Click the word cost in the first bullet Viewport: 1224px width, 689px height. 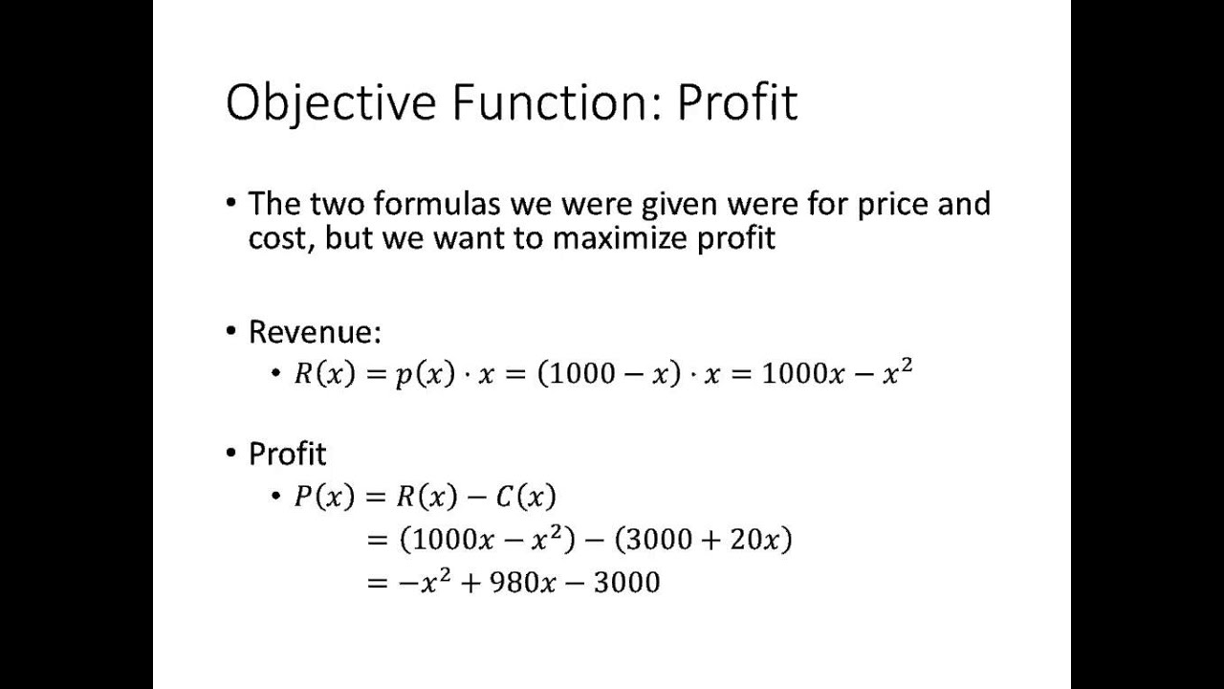tap(280, 237)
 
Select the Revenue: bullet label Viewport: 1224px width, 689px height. tap(315, 332)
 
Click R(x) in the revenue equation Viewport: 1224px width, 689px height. tap(324, 374)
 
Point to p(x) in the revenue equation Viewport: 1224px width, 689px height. tap(425, 374)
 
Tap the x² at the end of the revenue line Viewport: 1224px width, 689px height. tap(898, 372)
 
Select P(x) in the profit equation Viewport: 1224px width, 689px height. tap(324, 497)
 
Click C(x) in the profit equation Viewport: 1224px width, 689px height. tap(526, 497)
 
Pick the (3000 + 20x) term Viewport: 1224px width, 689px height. tap(703, 540)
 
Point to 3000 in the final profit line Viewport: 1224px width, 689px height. tap(626, 582)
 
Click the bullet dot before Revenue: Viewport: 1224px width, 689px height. tap(231, 331)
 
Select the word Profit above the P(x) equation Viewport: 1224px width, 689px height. tap(287, 454)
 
